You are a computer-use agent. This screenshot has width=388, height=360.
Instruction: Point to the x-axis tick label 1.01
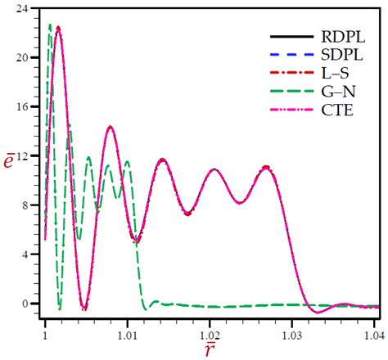[x=127, y=335]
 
